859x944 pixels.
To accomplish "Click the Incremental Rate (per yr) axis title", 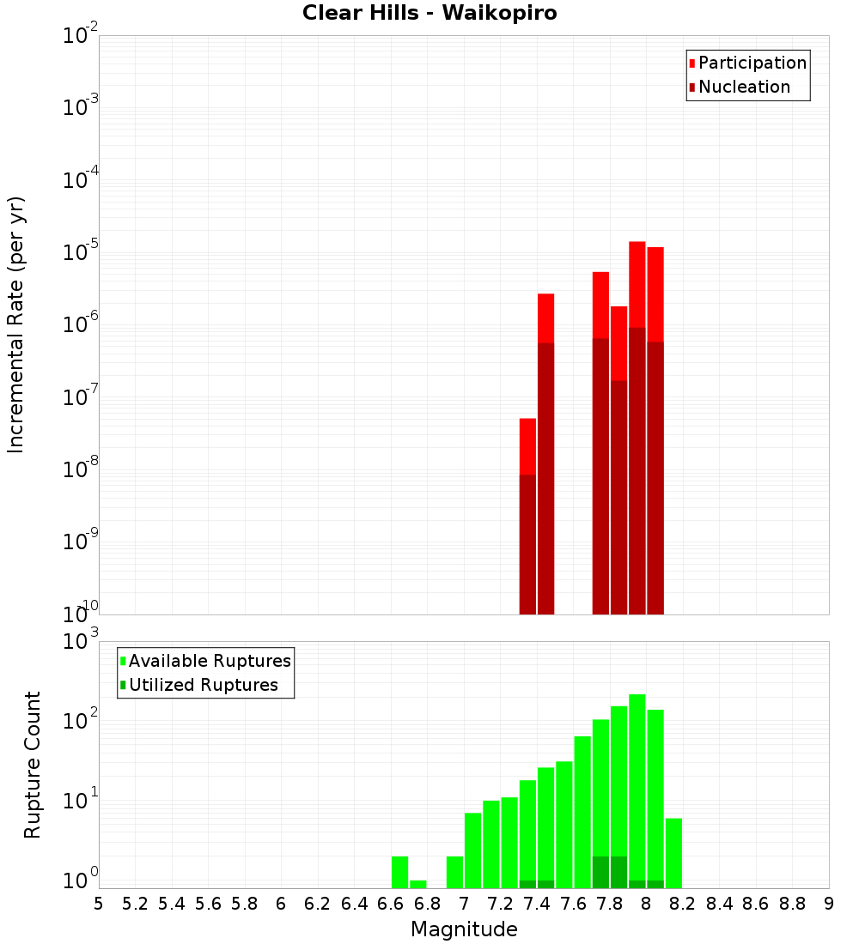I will pyautogui.click(x=16, y=324).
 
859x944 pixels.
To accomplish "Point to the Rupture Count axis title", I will pyautogui.click(x=33, y=765).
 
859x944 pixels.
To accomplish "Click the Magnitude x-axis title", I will pyautogui.click(x=464, y=929).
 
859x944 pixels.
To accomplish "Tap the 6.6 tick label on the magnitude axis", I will pyautogui.click(x=390, y=904).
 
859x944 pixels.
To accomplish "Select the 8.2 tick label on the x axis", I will pyautogui.click(x=683, y=904).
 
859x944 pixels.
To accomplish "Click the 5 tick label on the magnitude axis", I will pyautogui.click(x=99, y=904).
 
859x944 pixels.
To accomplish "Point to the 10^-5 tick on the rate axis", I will pyautogui.click(x=81, y=252).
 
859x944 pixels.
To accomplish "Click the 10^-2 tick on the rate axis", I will pyautogui.click(x=81, y=36).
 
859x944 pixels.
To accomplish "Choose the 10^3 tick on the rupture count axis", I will pyautogui.click(x=81, y=642).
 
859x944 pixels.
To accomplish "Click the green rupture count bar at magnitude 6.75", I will pyautogui.click(x=418, y=884).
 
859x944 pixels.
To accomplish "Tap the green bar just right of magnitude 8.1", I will pyautogui.click(x=673, y=853).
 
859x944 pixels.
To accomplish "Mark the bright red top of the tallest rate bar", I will pyautogui.click(x=637, y=283).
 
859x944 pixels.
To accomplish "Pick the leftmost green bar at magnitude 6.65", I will pyautogui.click(x=399, y=872).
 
